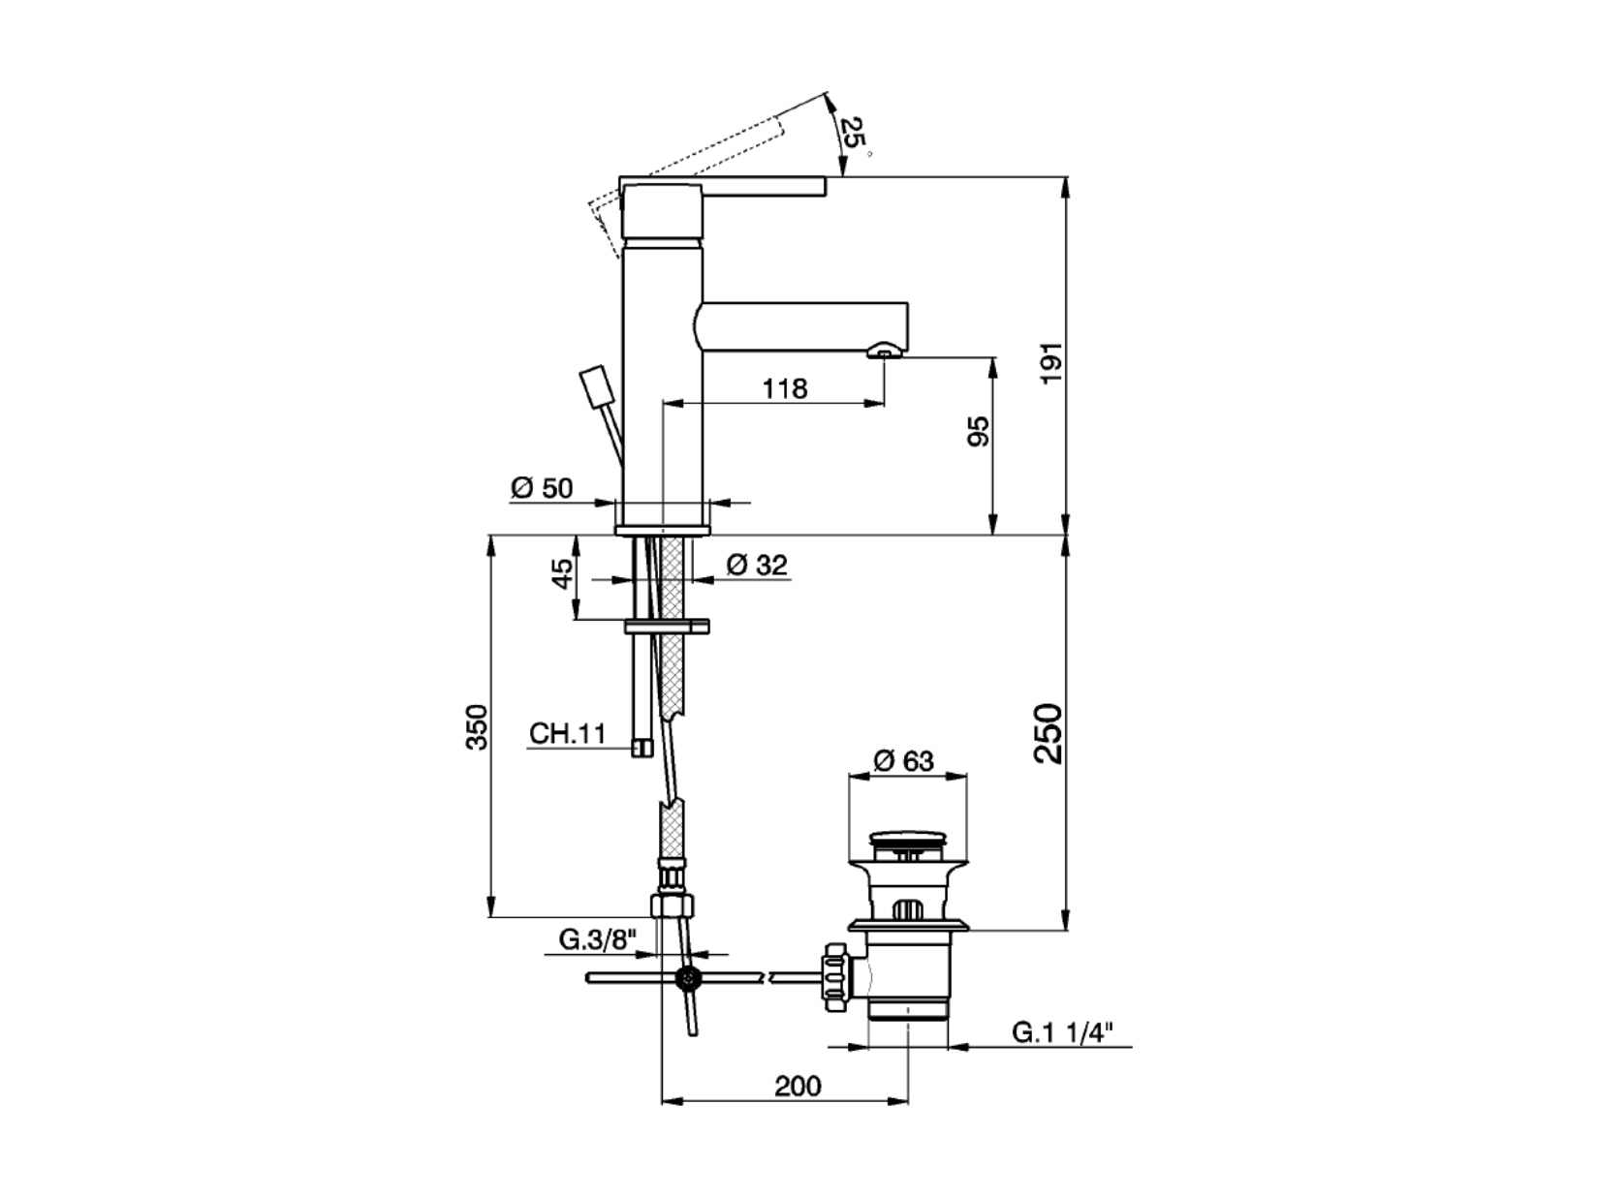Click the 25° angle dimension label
click(853, 136)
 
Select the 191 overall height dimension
click(1051, 362)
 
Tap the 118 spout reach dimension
click(784, 388)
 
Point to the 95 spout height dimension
click(980, 431)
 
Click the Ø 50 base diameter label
click(542, 488)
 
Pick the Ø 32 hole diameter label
click(757, 565)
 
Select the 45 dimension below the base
click(562, 574)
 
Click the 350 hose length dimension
click(477, 726)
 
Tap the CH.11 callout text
click(568, 733)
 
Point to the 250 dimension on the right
click(1049, 732)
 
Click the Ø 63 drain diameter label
click(903, 761)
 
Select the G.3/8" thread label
click(597, 939)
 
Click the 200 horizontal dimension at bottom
click(798, 1087)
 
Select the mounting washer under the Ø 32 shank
click(667, 626)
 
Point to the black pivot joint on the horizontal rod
click(687, 979)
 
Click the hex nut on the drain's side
click(835, 977)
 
